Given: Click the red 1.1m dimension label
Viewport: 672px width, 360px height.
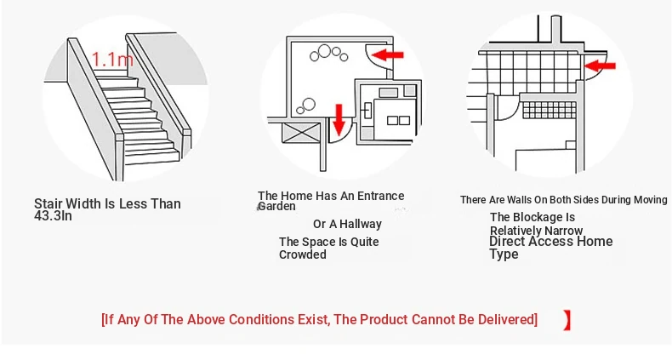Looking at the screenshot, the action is click(x=112, y=59).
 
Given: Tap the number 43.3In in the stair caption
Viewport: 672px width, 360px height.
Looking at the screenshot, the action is click(x=53, y=216).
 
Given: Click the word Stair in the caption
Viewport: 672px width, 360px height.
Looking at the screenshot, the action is click(x=48, y=203).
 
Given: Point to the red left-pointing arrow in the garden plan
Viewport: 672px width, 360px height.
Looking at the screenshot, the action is click(x=387, y=54).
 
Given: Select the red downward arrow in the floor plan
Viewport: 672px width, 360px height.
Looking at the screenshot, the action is click(x=339, y=119).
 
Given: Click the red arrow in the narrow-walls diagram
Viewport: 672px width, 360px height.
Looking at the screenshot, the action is click(x=600, y=66).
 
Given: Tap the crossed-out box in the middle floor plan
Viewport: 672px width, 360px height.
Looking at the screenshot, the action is click(x=302, y=133).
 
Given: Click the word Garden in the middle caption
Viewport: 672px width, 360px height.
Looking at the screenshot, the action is click(x=276, y=207).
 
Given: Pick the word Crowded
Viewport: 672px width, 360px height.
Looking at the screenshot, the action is click(x=303, y=254).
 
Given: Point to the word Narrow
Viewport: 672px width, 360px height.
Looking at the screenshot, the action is click(x=564, y=231).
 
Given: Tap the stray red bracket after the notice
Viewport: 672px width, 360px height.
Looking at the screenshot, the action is click(x=567, y=320).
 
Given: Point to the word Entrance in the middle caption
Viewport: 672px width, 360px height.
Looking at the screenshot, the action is click(x=380, y=196).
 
